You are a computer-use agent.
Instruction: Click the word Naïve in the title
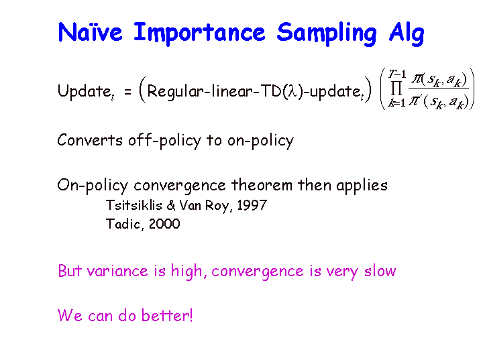click(90, 32)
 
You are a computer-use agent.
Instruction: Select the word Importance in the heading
click(199, 34)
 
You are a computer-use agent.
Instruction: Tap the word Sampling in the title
click(327, 34)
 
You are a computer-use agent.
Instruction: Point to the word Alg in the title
click(407, 34)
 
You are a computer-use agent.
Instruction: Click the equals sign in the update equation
click(127, 91)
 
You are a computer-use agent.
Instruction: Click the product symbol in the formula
click(396, 88)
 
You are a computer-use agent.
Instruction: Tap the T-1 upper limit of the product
click(397, 74)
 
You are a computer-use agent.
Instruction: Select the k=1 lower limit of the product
click(396, 103)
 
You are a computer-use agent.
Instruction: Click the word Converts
click(90, 140)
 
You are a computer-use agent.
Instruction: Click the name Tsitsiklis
click(134, 205)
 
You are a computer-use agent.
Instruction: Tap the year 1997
click(252, 205)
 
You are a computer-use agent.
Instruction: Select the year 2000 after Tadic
click(164, 224)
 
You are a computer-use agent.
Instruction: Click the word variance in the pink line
click(117, 271)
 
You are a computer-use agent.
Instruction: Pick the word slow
click(380, 271)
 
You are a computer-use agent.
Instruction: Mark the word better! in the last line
click(167, 315)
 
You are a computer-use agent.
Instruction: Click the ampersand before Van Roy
click(171, 205)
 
